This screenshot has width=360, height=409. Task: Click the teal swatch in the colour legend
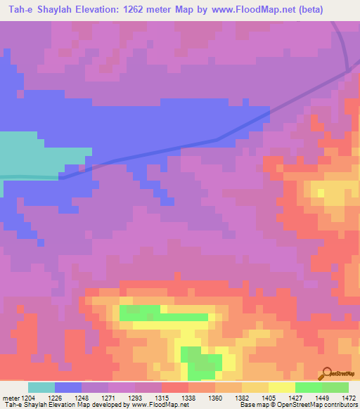click(41, 387)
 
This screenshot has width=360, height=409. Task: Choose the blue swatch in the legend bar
click(68, 387)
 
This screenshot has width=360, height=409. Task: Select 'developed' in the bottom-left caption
click(104, 404)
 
